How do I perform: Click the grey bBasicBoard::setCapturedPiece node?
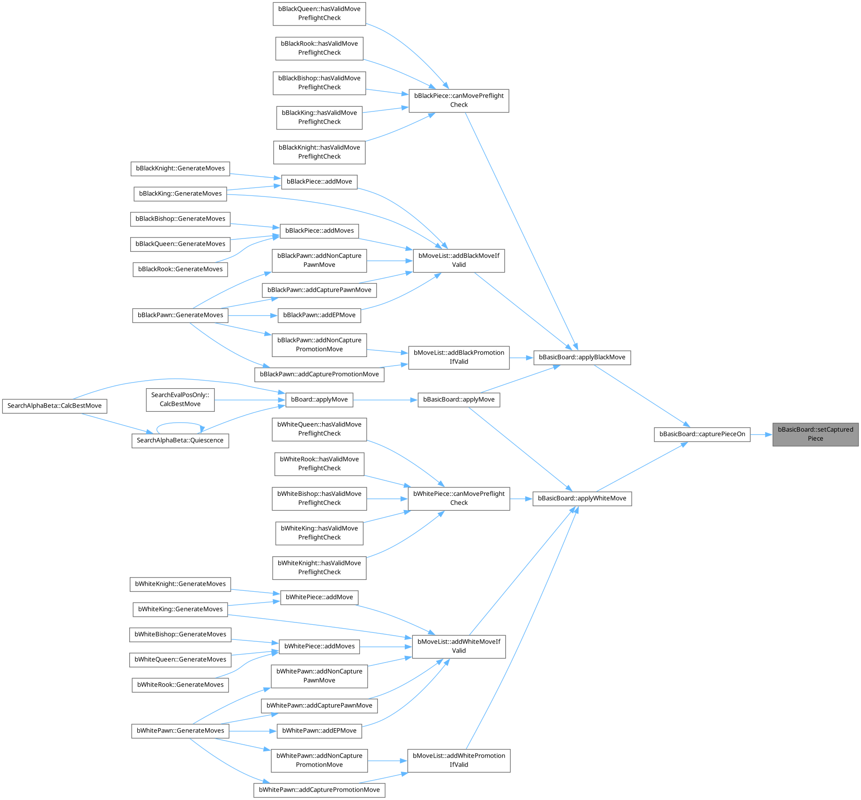[815, 434]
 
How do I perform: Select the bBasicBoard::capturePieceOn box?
[702, 434]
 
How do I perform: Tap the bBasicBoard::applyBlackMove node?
[582, 357]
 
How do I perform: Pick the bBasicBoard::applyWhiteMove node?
[582, 498]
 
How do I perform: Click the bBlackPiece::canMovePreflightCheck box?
[459, 100]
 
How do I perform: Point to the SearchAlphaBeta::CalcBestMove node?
[54, 406]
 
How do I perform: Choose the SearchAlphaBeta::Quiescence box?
[180, 440]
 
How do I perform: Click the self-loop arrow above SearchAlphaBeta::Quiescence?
[179, 423]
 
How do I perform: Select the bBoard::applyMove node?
[319, 400]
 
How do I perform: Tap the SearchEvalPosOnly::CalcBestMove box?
[180, 400]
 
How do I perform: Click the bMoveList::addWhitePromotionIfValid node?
[459, 760]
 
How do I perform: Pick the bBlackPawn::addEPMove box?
[319, 315]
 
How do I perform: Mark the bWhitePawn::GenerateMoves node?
[180, 731]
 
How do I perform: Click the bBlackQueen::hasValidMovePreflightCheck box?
[319, 13]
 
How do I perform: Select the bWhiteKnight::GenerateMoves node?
[180, 584]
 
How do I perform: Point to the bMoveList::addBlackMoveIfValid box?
[459, 260]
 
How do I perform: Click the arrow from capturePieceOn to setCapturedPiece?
[761, 434]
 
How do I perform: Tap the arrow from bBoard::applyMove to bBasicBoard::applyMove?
[385, 400]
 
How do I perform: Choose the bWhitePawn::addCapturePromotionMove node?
[319, 790]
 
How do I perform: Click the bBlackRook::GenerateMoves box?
[180, 269]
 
